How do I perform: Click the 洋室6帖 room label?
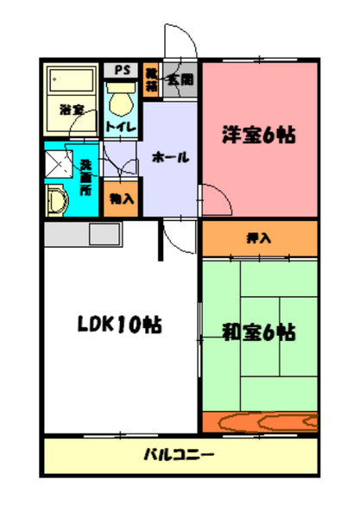pyautogui.click(x=260, y=135)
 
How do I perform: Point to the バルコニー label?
pyautogui.click(x=179, y=455)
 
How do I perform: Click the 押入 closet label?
pyautogui.click(x=259, y=237)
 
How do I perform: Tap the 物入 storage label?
pyautogui.click(x=121, y=198)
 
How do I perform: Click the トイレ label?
pyautogui.click(x=119, y=126)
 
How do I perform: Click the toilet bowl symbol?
pyautogui.click(x=120, y=101)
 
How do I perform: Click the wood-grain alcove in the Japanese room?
pyautogui.click(x=259, y=422)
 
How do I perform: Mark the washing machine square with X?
pyautogui.click(x=59, y=162)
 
